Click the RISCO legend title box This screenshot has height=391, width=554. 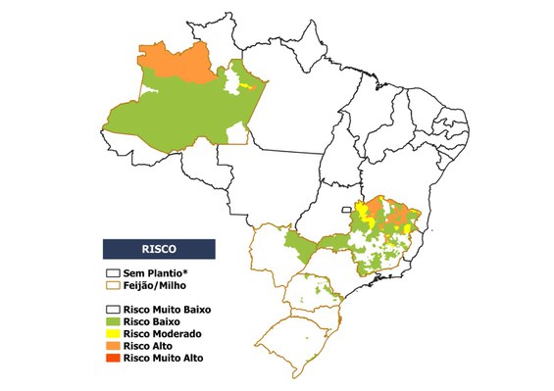pyautogui.click(x=160, y=248)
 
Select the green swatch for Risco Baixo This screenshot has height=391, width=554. pyautogui.click(x=113, y=321)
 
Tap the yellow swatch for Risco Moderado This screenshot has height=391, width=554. pyautogui.click(x=113, y=333)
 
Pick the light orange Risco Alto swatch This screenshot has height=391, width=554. pyautogui.click(x=113, y=346)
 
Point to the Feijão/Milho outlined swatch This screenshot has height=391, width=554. pyautogui.click(x=113, y=284)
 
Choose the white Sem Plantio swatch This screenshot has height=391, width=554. pyautogui.click(x=113, y=272)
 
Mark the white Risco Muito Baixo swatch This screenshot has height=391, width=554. pyautogui.click(x=113, y=309)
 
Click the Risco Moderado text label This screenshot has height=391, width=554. pyautogui.click(x=161, y=333)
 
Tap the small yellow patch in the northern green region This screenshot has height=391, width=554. pyautogui.click(x=255, y=86)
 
